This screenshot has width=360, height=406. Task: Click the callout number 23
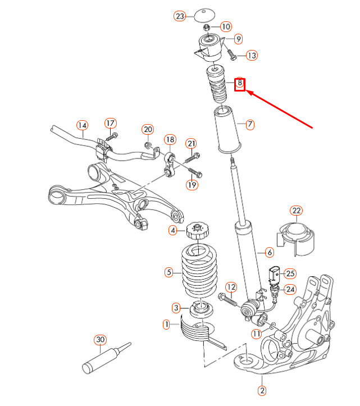coord(180,16)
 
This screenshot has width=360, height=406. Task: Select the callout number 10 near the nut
coord(225,26)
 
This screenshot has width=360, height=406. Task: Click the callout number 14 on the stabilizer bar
coord(83,125)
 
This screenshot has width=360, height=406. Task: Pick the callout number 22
coord(296,211)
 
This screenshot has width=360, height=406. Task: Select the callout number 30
coord(101,340)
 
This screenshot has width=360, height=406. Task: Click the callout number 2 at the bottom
coord(261,390)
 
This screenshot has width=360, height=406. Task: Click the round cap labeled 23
coord(206,15)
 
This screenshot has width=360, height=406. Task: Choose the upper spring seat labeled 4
coord(198,231)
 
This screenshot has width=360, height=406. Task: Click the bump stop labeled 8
coord(216,84)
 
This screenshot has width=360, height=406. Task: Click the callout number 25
coord(289,273)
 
